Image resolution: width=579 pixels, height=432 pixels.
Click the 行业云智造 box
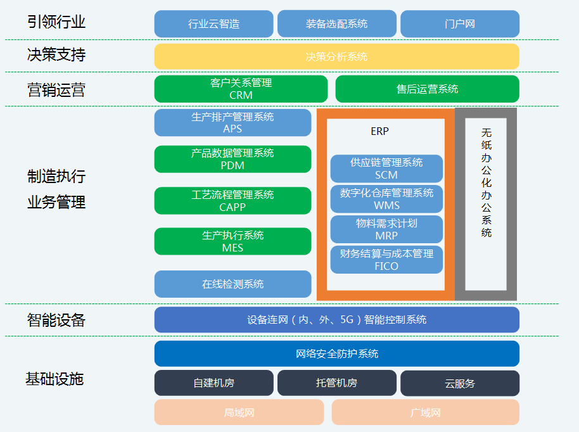[x=213, y=24]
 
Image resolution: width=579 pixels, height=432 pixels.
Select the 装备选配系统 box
[x=336, y=24]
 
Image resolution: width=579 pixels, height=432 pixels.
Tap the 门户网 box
[x=459, y=24]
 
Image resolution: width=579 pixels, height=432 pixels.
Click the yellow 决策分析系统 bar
[x=336, y=56]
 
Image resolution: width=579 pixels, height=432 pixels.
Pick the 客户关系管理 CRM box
[x=241, y=89]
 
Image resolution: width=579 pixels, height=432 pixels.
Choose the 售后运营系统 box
[x=427, y=89]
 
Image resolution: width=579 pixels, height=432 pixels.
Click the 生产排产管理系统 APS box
[x=232, y=123]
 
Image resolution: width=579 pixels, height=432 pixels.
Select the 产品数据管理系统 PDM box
[x=232, y=159]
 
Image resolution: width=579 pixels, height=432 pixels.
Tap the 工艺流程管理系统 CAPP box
[x=232, y=200]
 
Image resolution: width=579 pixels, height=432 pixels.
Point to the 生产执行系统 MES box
[x=232, y=241]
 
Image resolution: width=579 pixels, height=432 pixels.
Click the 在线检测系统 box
[x=232, y=284]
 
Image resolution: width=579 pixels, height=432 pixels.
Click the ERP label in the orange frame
[x=379, y=132]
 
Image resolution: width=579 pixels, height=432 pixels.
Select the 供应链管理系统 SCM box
[x=386, y=168]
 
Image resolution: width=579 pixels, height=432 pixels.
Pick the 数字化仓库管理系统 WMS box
[x=386, y=199]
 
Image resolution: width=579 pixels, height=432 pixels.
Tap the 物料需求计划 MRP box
[x=386, y=229]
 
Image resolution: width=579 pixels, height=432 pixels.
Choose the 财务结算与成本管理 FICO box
[x=386, y=260]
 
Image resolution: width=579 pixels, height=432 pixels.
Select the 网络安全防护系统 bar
[x=336, y=353]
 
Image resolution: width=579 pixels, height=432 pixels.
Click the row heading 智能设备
[x=56, y=320]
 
